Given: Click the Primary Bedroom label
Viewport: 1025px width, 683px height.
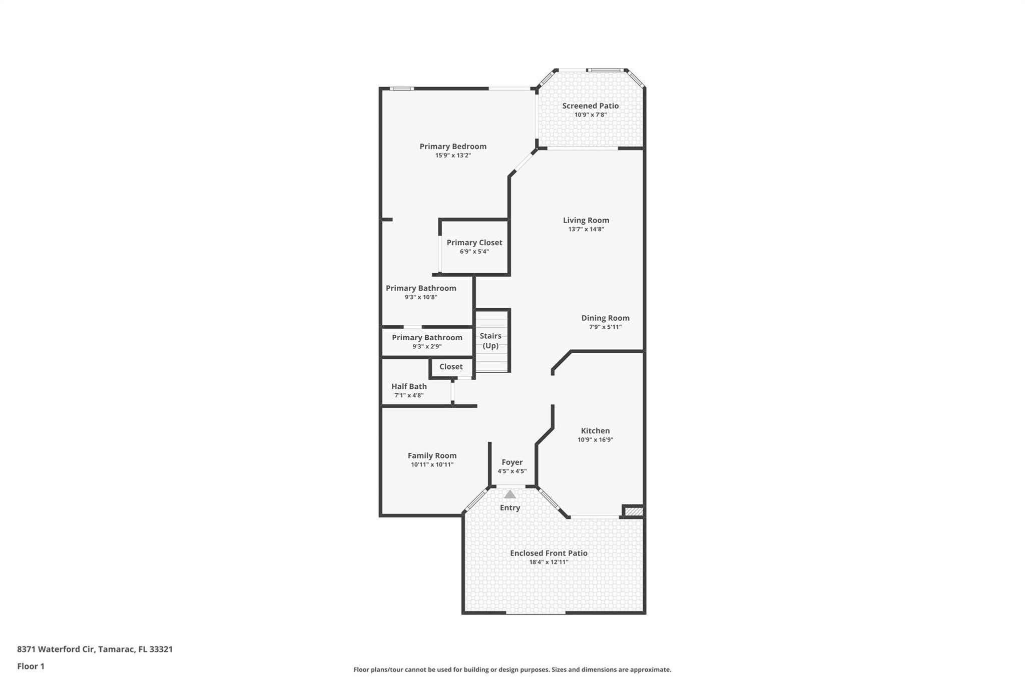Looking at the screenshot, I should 452,146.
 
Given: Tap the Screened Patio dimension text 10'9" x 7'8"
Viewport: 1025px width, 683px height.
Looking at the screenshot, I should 590,115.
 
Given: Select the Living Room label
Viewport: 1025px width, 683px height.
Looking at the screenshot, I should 586,220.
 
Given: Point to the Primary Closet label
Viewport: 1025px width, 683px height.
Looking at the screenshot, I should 474,243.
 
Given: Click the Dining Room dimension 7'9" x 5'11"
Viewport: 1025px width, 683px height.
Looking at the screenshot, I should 605,327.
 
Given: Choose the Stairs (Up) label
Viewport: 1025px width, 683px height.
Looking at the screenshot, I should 490,341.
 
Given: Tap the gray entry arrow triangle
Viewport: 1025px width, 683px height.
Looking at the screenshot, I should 509,494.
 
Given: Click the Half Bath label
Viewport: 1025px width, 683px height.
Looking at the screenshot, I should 409,386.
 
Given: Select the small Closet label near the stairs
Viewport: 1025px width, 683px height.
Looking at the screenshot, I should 450,367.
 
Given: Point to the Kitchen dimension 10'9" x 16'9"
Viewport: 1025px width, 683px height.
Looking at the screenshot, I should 595,440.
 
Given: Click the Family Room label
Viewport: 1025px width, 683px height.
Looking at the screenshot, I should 432,455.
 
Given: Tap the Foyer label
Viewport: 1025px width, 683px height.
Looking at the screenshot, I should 511,462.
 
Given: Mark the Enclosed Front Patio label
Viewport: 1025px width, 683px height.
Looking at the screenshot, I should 549,553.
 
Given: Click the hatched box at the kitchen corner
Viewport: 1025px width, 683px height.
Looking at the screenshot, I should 634,511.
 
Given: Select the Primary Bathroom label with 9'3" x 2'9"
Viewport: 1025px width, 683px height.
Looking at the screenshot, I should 427,338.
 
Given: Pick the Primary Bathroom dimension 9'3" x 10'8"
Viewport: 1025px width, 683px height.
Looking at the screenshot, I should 421,297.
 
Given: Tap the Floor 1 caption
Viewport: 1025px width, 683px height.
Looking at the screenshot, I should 31,666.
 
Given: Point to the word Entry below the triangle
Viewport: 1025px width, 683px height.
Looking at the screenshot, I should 509,507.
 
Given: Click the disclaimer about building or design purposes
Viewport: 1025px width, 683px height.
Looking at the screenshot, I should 512,669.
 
